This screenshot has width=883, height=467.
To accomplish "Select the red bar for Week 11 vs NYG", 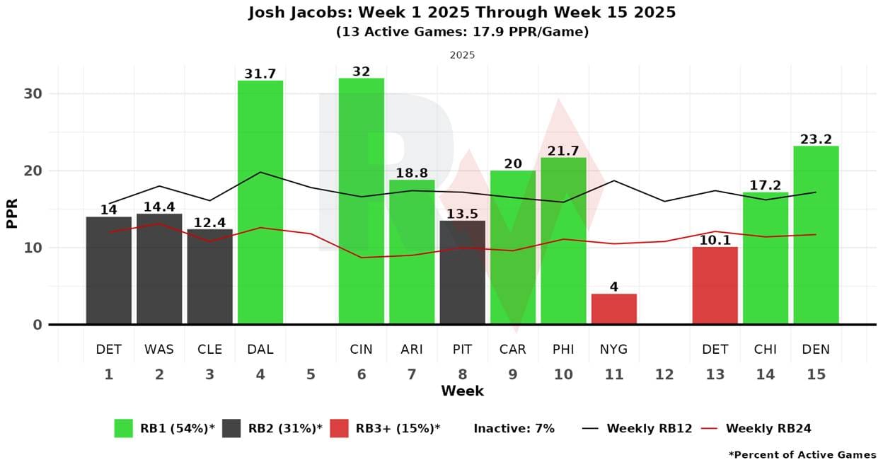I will coord(614,309).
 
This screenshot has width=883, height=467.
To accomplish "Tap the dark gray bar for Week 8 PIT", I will coord(462,272).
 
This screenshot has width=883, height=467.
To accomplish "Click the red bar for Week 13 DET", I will coord(715,286).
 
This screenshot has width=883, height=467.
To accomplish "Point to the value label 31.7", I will coord(260,74).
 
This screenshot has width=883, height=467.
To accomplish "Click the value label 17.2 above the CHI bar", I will coord(766,185).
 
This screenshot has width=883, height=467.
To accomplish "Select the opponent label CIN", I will coord(362,350).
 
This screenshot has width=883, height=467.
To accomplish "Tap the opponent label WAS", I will coord(159,350).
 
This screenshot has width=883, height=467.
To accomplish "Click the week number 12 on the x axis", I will coord(664,374).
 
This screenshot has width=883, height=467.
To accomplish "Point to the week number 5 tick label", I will coord(311,374).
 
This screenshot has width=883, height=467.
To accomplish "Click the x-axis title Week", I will coord(462,391).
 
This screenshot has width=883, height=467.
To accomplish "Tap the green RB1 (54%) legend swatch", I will coord(124,428).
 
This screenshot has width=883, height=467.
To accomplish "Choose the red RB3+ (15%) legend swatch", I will coord(339,428).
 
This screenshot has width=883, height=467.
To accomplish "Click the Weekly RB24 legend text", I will coord(768,428).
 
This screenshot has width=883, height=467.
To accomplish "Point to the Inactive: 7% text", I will coord(514,428).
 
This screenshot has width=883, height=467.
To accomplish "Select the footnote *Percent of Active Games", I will coord(802,455).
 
